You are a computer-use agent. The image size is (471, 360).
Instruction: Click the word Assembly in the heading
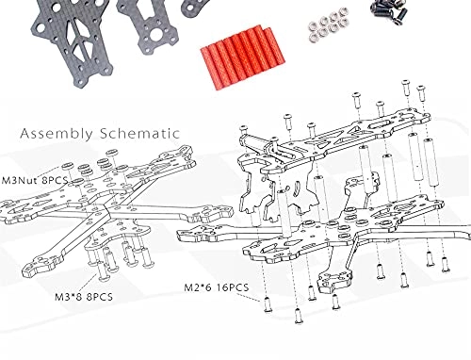pos(57,134)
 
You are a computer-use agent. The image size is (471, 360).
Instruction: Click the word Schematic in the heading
pos(139,133)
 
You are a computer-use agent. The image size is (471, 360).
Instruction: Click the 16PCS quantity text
pos(233,287)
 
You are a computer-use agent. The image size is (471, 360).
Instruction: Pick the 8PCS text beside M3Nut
pos(53,180)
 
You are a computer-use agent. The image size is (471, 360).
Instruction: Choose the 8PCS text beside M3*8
pos(97,297)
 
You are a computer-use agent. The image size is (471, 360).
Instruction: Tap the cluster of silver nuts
pos(328,24)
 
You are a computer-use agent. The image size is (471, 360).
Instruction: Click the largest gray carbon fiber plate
pos(72,41)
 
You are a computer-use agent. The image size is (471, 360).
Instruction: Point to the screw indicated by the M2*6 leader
pos(268,304)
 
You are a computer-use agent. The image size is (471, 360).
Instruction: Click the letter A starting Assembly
pos(25,134)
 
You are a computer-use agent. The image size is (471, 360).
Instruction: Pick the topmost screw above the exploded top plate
pos(405,88)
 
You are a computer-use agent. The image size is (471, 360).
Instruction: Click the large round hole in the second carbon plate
pos(154,37)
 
